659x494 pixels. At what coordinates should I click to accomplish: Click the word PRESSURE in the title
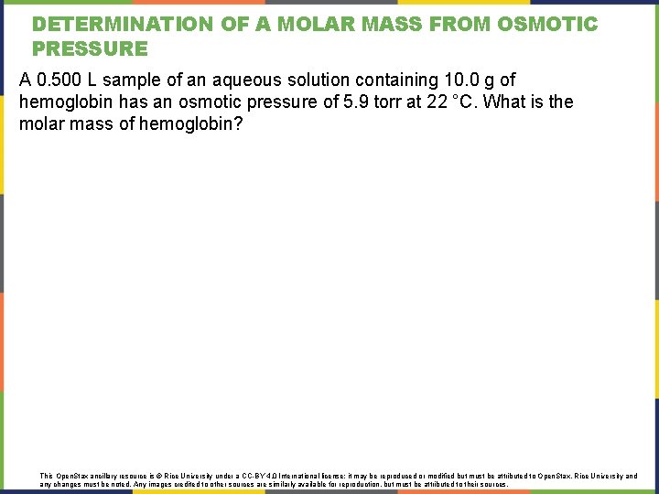[x=90, y=48]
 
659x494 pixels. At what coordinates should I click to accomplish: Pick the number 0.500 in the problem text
[x=59, y=81]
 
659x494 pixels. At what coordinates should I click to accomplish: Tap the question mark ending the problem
[x=238, y=123]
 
